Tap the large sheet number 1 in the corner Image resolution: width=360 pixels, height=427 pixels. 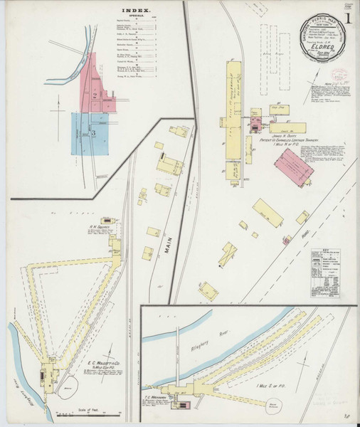tap(346, 16)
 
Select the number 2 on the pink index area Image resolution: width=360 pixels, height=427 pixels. tap(93, 93)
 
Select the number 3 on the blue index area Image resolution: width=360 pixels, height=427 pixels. tap(93, 132)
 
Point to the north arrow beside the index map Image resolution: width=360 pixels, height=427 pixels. tap(54, 107)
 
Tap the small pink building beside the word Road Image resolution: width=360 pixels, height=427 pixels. tap(286, 241)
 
